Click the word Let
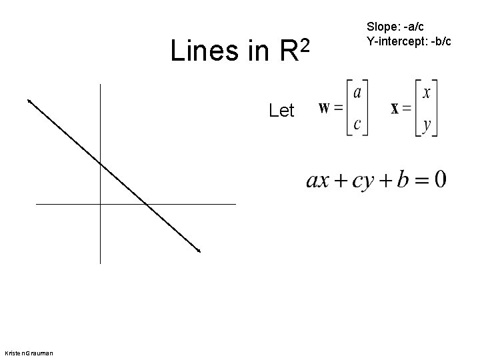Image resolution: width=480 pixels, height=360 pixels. [281, 111]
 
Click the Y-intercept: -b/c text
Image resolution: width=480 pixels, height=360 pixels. [408, 41]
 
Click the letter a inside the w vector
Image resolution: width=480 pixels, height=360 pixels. [357, 92]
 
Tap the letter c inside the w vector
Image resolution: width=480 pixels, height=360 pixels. [357, 123]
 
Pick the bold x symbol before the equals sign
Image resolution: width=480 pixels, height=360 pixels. [395, 109]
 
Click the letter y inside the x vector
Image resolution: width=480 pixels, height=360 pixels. [427, 124]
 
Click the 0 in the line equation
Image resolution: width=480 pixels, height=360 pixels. [440, 180]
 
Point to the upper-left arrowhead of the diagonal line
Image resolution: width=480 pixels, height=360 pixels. [29, 101]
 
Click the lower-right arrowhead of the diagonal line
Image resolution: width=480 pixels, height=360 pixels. [198, 251]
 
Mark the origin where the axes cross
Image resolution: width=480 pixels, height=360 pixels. [99, 203]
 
